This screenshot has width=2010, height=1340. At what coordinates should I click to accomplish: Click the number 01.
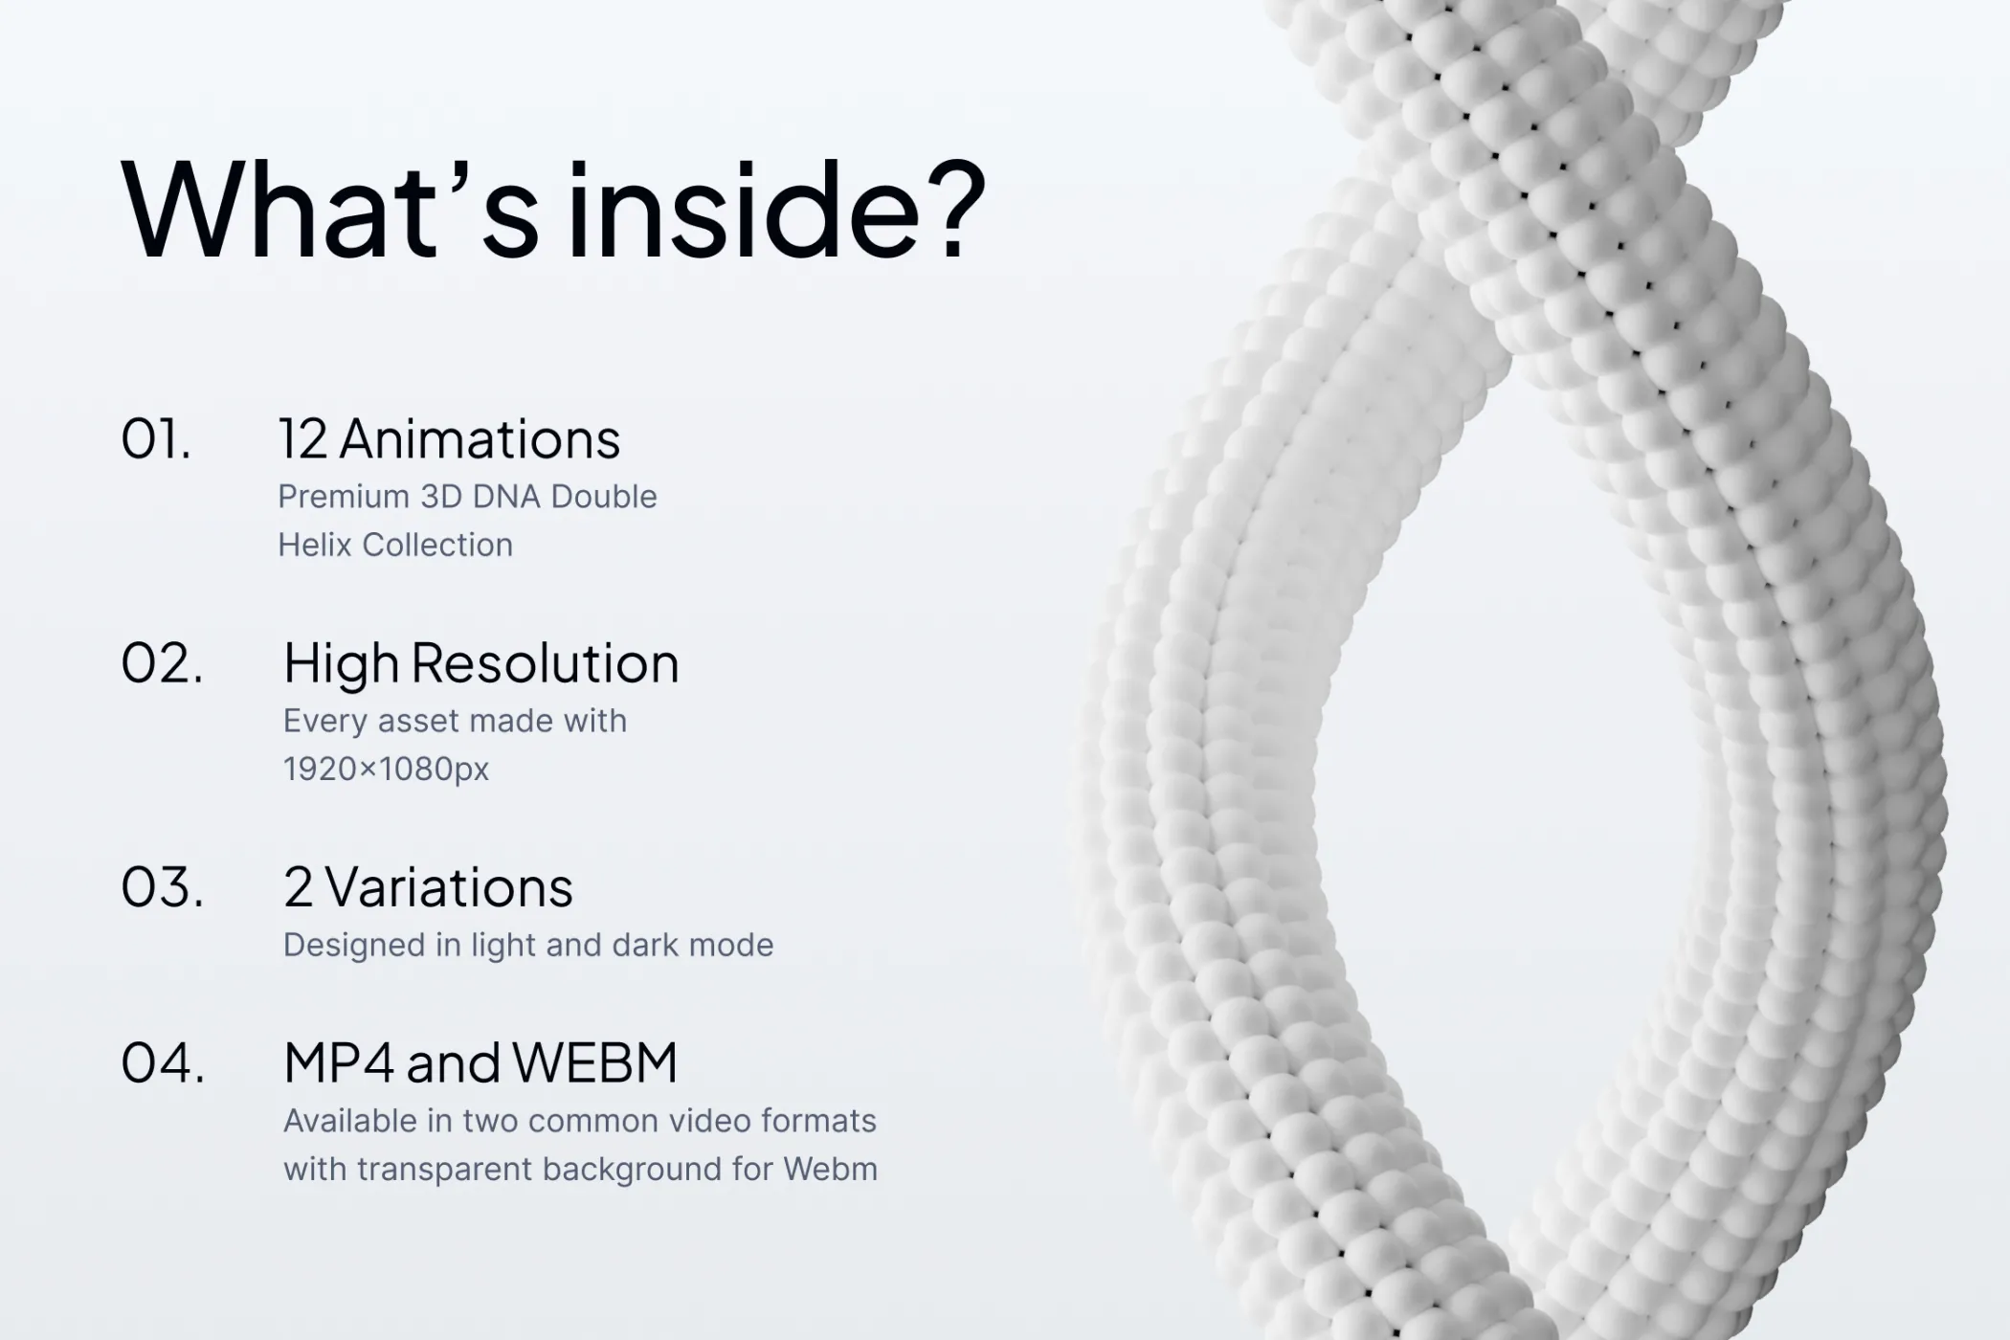[x=156, y=439]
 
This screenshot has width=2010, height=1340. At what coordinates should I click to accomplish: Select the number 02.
[x=162, y=663]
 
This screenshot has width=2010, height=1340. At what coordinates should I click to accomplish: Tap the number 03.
[x=162, y=887]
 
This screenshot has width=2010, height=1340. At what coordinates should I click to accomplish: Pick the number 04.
[x=163, y=1062]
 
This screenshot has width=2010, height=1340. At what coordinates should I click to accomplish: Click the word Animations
[x=480, y=439]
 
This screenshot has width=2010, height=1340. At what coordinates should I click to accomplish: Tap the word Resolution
[x=546, y=663]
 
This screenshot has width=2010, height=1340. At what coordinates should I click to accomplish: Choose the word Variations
[x=449, y=887]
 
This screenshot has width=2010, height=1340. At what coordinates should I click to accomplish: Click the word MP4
[x=340, y=1062]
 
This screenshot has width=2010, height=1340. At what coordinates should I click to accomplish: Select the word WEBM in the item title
[x=594, y=1062]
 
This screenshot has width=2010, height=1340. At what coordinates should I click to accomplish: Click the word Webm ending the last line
[x=831, y=1169]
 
